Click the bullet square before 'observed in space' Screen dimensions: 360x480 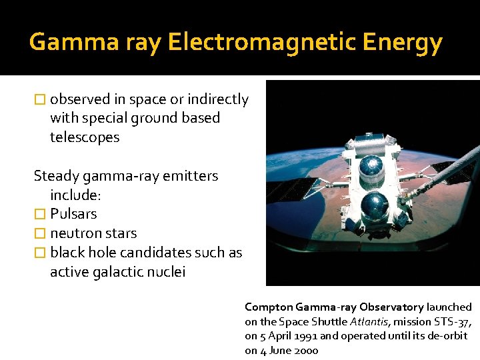pos(40,100)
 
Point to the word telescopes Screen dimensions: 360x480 pos(85,137)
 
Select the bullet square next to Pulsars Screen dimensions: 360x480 pos(40,215)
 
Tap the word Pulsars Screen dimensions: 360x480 pos(73,214)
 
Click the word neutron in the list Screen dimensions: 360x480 pos(76,233)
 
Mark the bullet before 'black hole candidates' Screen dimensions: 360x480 pos(40,253)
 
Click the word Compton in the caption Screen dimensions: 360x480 pos(267,307)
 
